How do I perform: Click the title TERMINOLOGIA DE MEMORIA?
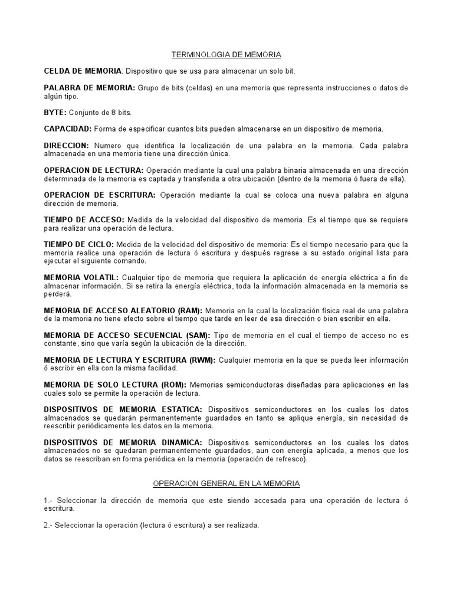click(x=226, y=54)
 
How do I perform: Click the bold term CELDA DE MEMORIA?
click(x=83, y=71)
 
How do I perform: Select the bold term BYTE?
click(x=55, y=112)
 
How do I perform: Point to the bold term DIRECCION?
click(x=67, y=145)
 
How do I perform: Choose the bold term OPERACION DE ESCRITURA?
click(x=100, y=195)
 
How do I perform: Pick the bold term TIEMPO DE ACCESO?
click(x=84, y=219)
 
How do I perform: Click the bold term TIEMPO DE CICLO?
click(x=79, y=244)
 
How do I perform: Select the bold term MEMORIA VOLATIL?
click(x=81, y=277)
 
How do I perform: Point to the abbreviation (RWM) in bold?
click(x=202, y=360)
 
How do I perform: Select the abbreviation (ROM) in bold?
click(x=172, y=385)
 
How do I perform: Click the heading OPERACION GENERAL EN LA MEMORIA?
click(x=226, y=484)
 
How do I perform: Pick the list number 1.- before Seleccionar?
click(x=49, y=500)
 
